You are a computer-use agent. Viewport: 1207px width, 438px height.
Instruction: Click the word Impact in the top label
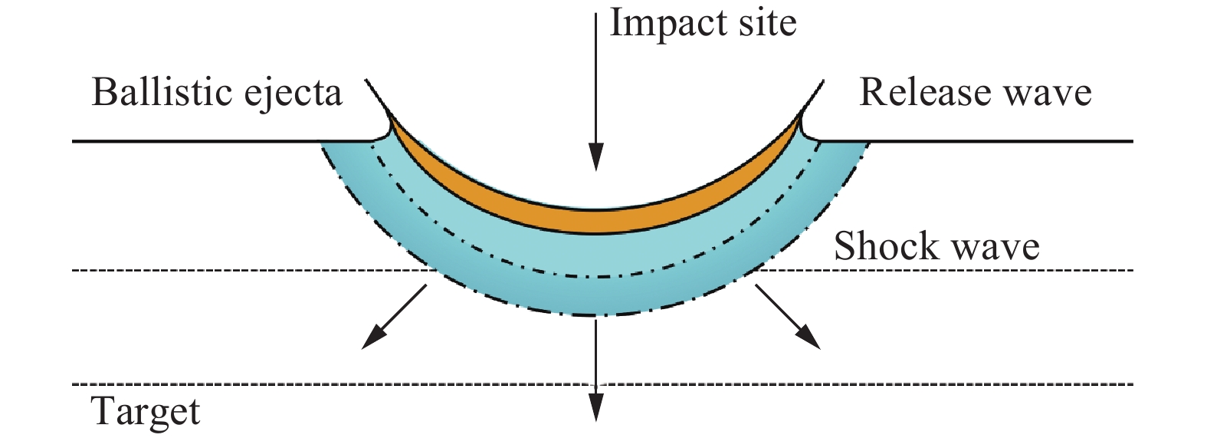tap(667, 23)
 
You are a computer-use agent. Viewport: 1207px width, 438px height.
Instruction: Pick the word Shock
tap(886, 246)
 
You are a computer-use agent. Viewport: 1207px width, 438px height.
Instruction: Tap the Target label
tap(146, 413)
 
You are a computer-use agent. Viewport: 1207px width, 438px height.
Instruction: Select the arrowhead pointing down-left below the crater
tap(372, 338)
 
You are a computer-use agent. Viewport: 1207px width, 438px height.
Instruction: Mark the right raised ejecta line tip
tap(825, 79)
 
